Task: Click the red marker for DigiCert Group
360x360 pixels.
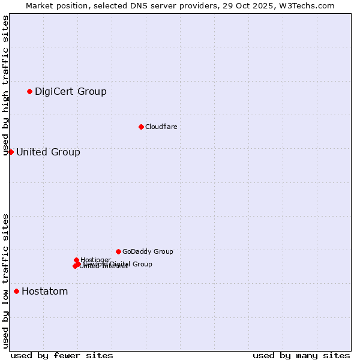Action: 29,91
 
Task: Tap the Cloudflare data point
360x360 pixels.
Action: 141,127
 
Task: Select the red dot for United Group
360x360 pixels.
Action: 11,152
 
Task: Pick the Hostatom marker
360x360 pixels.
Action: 16,292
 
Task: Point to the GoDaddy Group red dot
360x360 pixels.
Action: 118,251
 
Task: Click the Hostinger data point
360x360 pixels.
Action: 76,260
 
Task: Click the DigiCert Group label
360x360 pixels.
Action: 71,91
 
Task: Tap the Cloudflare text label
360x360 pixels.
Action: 161,127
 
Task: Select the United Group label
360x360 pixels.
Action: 48,152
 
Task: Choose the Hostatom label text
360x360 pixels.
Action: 45,292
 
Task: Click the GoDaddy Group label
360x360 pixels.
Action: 148,251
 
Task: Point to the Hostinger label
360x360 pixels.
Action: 96,260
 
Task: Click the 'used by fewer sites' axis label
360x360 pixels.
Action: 62,355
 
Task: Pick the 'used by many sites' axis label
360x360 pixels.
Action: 301,355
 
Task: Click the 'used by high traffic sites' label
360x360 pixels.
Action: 5,85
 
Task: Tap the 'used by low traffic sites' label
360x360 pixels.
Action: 5,281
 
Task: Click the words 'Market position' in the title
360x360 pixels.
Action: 52,5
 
